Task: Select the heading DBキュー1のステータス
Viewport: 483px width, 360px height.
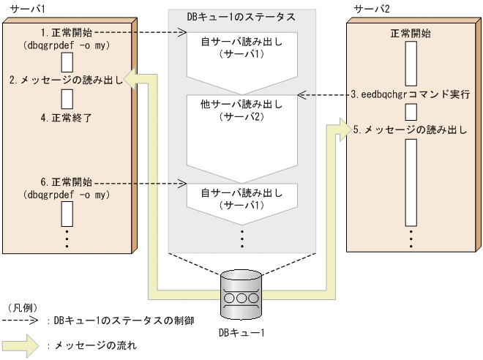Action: click(x=241, y=16)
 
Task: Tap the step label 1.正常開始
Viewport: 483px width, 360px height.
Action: click(x=67, y=33)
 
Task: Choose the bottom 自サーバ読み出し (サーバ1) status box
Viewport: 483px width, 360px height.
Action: click(x=241, y=201)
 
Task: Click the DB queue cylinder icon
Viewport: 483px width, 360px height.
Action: click(x=241, y=293)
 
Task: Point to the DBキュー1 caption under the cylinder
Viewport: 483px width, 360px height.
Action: click(x=241, y=334)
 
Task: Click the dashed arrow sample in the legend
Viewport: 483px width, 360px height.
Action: click(x=21, y=320)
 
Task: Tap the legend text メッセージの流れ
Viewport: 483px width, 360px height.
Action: click(x=95, y=344)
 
